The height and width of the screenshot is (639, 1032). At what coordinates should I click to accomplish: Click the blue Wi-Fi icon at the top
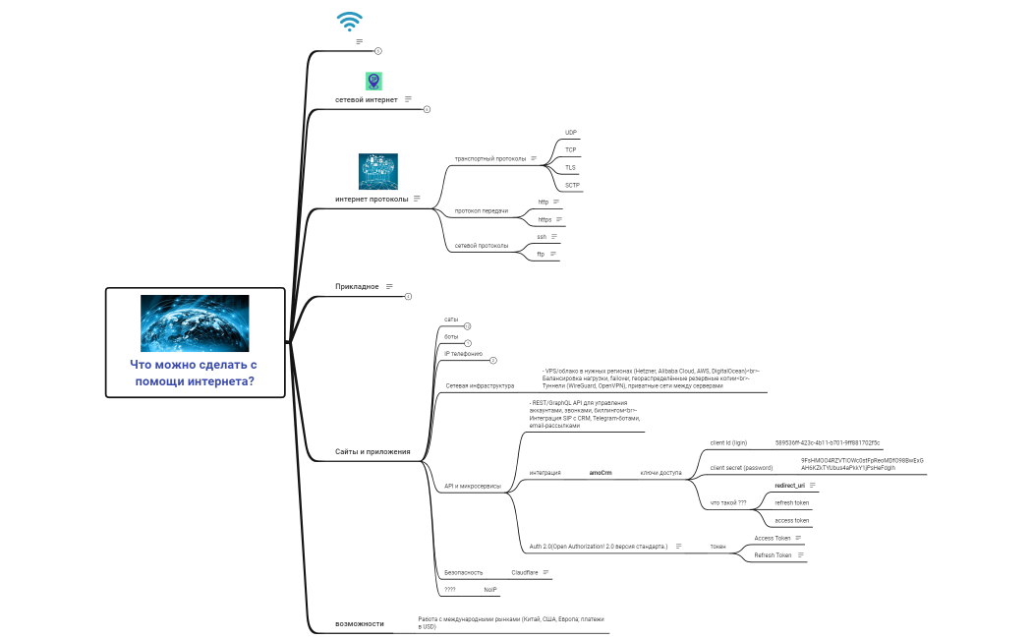pyautogui.click(x=349, y=22)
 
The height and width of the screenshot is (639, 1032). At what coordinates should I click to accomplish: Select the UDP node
pyautogui.click(x=571, y=132)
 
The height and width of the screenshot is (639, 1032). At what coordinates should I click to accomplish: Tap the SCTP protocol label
pyautogui.click(x=572, y=185)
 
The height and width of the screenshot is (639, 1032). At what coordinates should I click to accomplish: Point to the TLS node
pyautogui.click(x=571, y=167)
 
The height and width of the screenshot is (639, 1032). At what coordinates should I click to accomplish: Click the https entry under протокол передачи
pyautogui.click(x=545, y=219)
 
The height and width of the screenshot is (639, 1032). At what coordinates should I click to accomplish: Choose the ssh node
pyautogui.click(x=542, y=237)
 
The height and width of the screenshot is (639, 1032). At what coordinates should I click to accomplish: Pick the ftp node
pyautogui.click(x=541, y=254)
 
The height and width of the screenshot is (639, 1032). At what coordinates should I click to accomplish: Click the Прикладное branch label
pyautogui.click(x=357, y=286)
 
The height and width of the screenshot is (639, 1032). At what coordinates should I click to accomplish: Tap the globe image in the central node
pyautogui.click(x=195, y=323)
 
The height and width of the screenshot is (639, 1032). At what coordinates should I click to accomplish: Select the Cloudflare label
pyautogui.click(x=525, y=571)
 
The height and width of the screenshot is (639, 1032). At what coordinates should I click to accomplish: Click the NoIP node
pyautogui.click(x=490, y=589)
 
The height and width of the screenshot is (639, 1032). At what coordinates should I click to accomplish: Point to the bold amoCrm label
pyautogui.click(x=600, y=473)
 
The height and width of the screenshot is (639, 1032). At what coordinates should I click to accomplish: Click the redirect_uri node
pyautogui.click(x=789, y=486)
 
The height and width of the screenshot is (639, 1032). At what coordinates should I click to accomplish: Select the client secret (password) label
pyautogui.click(x=741, y=468)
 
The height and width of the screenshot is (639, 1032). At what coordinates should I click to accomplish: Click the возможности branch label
pyautogui.click(x=359, y=623)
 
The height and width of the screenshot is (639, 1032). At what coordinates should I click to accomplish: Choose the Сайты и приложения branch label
pyautogui.click(x=366, y=451)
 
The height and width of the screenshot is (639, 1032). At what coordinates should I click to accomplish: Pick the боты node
pyautogui.click(x=451, y=336)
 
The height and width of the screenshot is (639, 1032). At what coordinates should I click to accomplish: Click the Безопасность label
pyautogui.click(x=464, y=571)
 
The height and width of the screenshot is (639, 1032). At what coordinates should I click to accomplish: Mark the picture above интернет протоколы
pyautogui.click(x=378, y=171)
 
